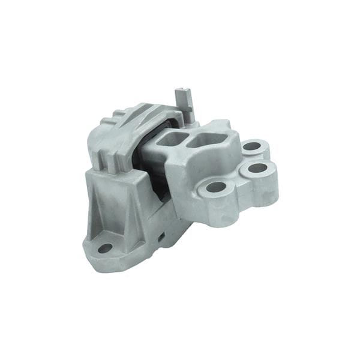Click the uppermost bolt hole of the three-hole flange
tap(251, 146)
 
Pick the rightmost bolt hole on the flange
tap(257, 168)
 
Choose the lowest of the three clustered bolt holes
tap(215, 187)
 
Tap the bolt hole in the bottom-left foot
tap(105, 247)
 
